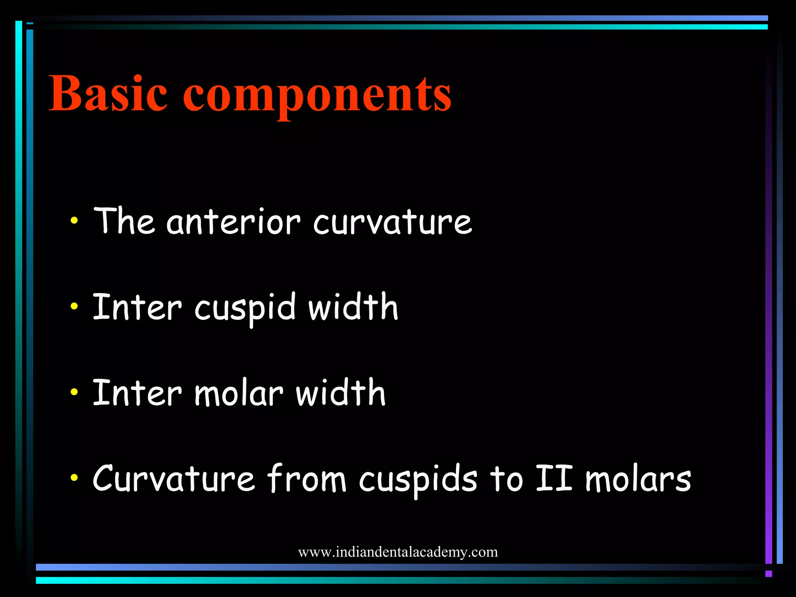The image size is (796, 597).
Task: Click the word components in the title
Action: tap(317, 95)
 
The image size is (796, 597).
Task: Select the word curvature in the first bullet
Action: tap(393, 222)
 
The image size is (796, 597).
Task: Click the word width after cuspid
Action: tap(353, 307)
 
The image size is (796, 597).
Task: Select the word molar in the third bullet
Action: tap(239, 393)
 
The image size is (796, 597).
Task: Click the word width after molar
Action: tap(340, 393)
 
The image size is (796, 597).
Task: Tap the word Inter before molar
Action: tap(137, 393)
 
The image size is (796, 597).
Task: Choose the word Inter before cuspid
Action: tap(137, 307)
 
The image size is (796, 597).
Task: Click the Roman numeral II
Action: tap(554, 478)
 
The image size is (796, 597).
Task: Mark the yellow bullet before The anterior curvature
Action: tap(74, 221)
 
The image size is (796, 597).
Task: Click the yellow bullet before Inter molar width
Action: tap(74, 392)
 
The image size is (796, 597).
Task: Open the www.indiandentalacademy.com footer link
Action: tap(398, 552)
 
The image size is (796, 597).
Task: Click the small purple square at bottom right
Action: tap(768, 574)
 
